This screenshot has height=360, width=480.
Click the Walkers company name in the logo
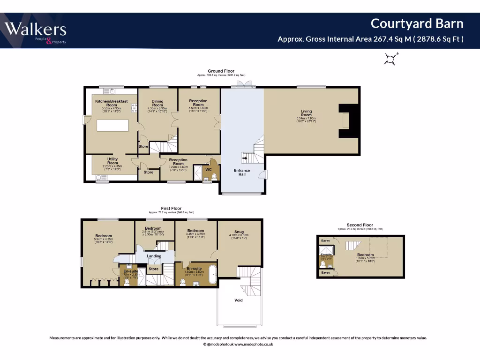[x=36, y=30]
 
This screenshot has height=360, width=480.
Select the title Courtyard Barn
[x=417, y=23]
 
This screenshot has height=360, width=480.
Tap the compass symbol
[x=390, y=59]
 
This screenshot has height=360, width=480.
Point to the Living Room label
[x=306, y=113]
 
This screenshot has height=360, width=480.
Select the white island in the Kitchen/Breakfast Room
[x=112, y=126]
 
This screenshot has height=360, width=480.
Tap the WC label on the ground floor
[x=209, y=169]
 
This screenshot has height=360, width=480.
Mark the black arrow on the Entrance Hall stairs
[x=245, y=158]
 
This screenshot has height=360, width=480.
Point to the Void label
[x=239, y=300]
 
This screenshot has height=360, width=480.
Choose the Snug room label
[x=240, y=232]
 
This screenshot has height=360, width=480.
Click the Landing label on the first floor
[x=154, y=256]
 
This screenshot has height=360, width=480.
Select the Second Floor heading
[x=360, y=225]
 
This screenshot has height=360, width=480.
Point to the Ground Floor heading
[x=221, y=71]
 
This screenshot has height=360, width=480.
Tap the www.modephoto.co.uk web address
[x=254, y=344]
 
